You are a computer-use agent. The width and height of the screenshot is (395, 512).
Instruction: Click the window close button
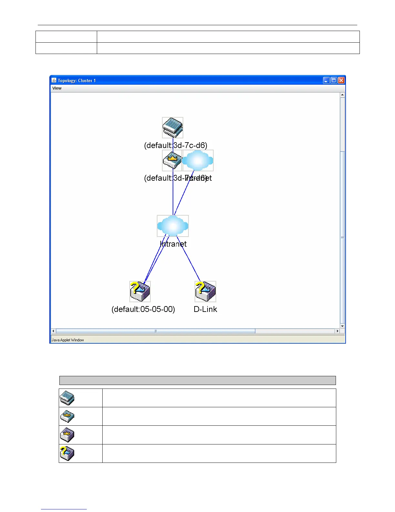(341, 80)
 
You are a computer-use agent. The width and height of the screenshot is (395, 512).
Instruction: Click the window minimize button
(326, 80)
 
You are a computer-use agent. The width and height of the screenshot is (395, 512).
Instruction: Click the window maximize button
(334, 80)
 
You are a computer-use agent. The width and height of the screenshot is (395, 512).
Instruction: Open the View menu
(57, 88)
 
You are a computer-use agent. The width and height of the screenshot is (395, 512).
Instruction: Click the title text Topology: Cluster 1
(77, 80)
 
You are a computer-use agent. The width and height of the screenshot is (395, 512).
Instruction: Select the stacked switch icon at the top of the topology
(173, 128)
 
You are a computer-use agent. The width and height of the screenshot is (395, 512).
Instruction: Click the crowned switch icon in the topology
(172, 160)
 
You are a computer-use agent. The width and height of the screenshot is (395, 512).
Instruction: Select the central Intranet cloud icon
(173, 226)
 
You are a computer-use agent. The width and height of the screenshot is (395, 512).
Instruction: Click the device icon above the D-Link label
(205, 291)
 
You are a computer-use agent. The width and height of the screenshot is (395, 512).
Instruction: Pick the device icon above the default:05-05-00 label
(140, 291)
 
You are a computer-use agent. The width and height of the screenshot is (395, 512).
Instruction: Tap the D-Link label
(205, 309)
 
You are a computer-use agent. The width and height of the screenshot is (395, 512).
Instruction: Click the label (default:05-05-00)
(143, 309)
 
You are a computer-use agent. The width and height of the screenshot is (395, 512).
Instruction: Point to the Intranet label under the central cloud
(173, 244)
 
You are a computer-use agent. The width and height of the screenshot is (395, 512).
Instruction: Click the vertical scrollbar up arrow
(342, 95)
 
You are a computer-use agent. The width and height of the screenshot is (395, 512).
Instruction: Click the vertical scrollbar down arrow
(342, 326)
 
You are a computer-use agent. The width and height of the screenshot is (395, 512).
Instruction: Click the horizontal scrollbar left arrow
(54, 331)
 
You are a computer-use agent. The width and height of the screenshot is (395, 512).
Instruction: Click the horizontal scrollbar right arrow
(338, 331)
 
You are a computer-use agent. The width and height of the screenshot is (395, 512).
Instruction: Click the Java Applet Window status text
(68, 340)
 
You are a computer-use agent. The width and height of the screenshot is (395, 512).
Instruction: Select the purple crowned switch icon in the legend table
(67, 435)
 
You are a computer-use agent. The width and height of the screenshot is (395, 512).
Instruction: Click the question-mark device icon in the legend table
(67, 453)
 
